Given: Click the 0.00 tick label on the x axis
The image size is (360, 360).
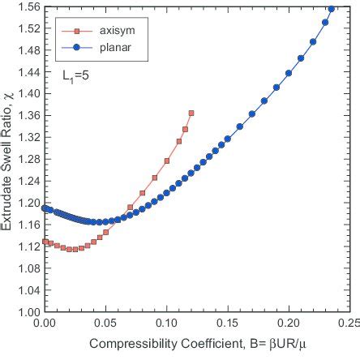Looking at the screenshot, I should pos(45,323).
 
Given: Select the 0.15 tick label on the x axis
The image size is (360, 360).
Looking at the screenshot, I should pos(228,323).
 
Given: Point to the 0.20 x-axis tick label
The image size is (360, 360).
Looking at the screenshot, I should pos(289,323).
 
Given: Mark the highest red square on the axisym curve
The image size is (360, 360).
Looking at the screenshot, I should pos(191,114).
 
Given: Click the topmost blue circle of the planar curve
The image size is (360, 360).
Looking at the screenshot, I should pos(331,9).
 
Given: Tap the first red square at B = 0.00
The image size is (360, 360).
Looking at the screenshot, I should pos(45,241).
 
